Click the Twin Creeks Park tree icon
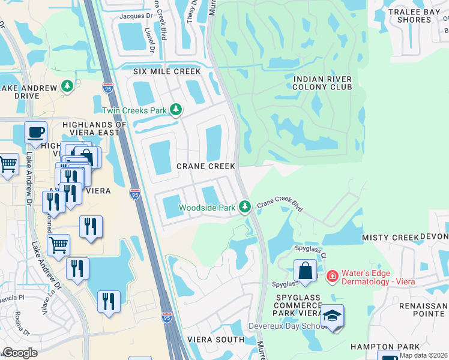176,110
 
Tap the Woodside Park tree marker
244,207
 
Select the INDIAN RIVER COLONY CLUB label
322,83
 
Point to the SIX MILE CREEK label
158,71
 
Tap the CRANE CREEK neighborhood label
205,166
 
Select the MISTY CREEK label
390,238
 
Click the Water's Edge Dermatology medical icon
331,276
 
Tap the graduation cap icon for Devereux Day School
332,316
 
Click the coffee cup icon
35,131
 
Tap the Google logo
20,353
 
